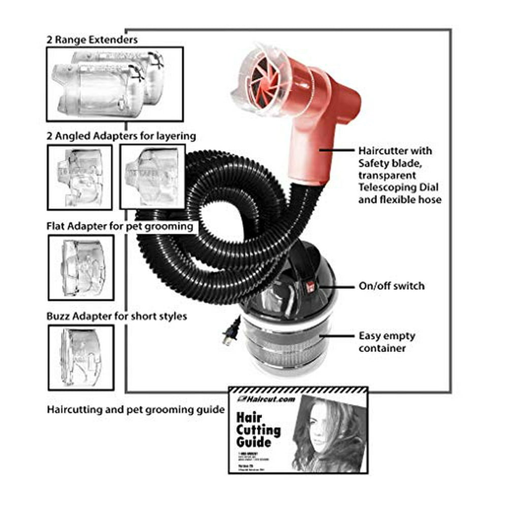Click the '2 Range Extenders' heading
(x=91, y=39)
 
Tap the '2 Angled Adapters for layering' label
(x=121, y=136)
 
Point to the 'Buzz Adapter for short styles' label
(x=117, y=316)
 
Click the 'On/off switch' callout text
(x=391, y=286)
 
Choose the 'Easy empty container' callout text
(x=387, y=342)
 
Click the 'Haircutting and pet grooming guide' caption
(x=136, y=409)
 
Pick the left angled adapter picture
(x=80, y=177)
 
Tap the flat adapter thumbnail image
(x=81, y=267)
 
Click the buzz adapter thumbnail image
(x=81, y=357)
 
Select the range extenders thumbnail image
(x=114, y=84)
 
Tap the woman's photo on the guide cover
(x=326, y=434)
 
